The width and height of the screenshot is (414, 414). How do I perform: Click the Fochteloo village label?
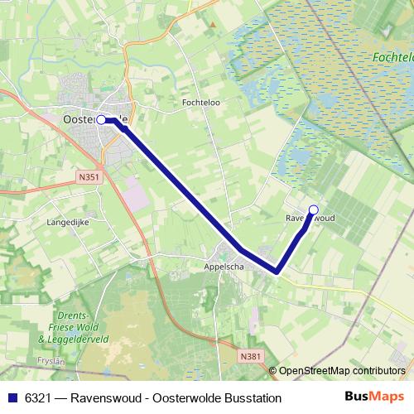click(199, 103)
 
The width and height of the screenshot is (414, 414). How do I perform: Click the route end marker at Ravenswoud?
click(313, 209)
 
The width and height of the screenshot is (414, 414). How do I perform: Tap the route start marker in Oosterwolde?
click(101, 120)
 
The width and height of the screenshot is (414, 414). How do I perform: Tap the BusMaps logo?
click(374, 397)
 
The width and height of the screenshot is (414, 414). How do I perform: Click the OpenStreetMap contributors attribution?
click(341, 371)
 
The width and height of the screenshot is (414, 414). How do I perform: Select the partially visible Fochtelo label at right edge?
click(393, 59)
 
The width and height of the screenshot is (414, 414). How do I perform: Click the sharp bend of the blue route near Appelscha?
click(277, 270)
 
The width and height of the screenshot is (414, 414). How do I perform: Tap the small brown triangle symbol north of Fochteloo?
click(212, 24)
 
